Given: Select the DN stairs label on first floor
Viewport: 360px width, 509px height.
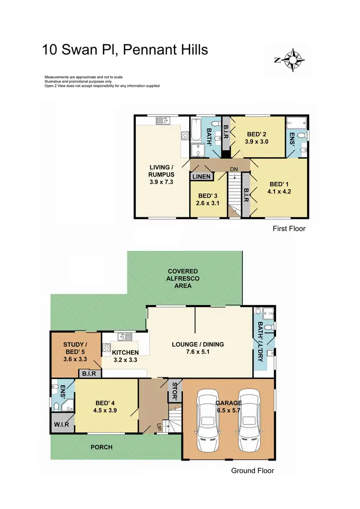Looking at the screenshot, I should click(x=234, y=169).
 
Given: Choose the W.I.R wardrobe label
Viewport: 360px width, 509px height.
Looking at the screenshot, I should click(x=60, y=424).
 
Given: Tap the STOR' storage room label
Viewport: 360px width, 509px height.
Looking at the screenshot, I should click(x=174, y=392).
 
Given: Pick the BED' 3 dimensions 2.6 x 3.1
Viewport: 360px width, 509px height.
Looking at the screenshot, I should click(x=207, y=203).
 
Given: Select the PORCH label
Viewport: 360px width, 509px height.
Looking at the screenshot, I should click(x=101, y=447).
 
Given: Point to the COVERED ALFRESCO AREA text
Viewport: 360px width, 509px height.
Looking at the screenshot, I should click(x=183, y=278).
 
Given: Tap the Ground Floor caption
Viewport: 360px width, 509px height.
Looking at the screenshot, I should click(x=252, y=471).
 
